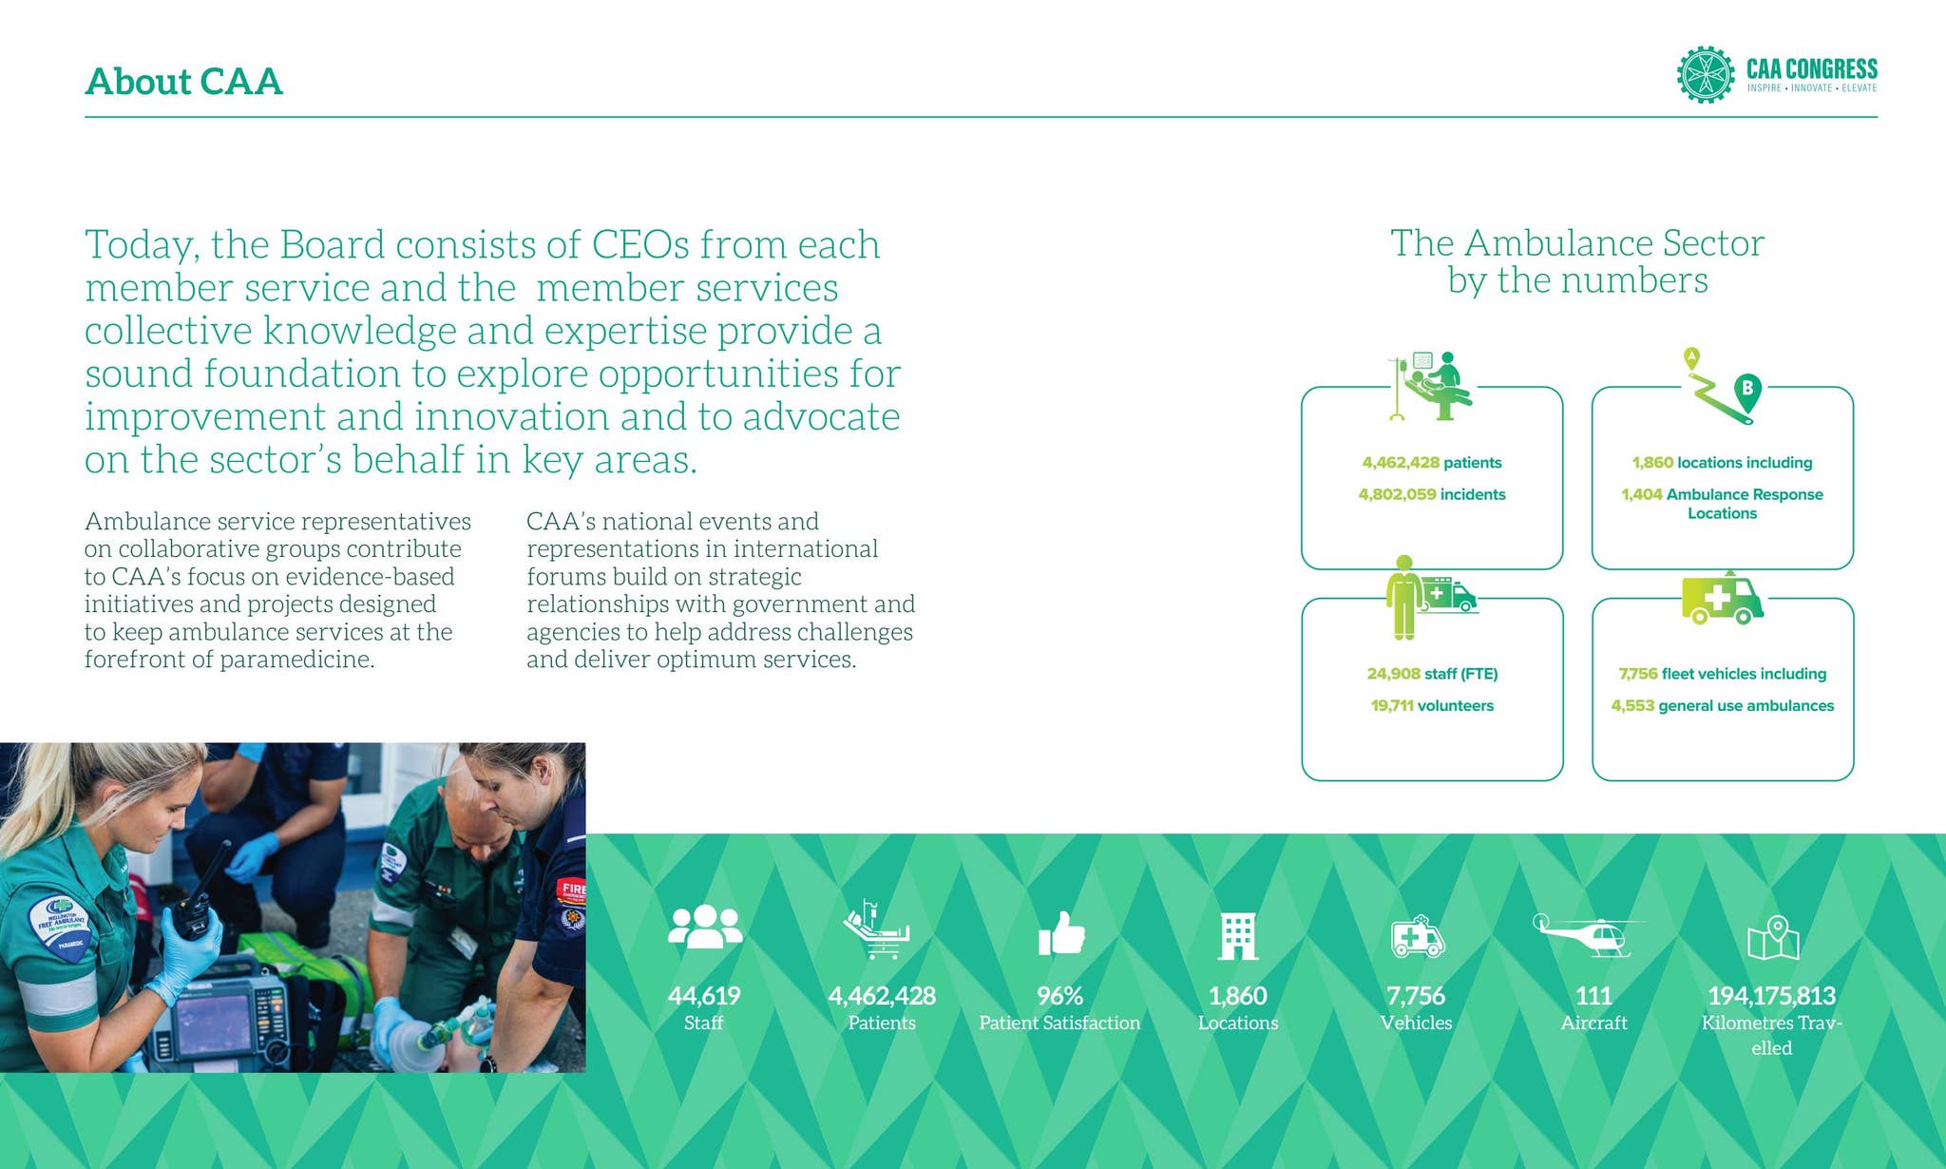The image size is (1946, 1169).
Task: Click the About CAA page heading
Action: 183,82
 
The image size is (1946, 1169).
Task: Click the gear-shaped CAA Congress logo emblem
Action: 1705,74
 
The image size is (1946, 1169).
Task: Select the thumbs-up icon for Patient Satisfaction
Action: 1061,934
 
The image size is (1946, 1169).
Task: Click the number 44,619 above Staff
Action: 703,995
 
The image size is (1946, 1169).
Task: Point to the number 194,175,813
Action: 1771,995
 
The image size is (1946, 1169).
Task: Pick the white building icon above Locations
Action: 1238,936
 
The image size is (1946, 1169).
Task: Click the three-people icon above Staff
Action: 704,927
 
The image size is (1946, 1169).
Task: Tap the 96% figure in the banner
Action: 1059,995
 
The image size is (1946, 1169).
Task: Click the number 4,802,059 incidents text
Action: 1431,494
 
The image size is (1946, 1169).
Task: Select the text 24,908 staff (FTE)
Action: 1431,674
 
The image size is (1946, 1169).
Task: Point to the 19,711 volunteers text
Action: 1431,705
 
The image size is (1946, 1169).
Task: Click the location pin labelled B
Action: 1746,390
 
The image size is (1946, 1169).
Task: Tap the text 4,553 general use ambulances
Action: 1722,705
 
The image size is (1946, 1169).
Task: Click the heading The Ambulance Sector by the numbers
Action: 1576,261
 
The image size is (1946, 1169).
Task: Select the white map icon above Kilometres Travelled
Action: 1773,938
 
